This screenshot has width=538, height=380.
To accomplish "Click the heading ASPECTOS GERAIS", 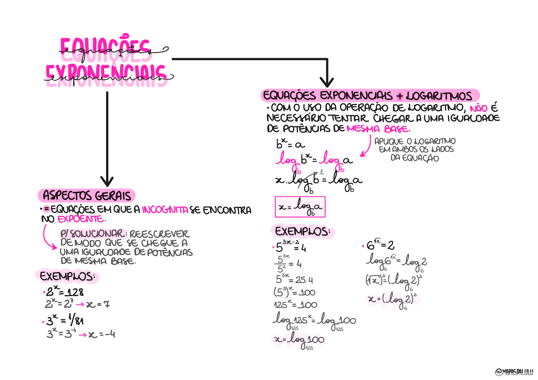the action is coord(87,195).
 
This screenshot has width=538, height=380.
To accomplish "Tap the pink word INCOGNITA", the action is coord(165,210).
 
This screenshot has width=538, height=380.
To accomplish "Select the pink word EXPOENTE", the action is coord(81,219).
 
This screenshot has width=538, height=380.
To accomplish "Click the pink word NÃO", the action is coord(479,108).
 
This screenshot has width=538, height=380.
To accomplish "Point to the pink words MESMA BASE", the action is coord(377,129).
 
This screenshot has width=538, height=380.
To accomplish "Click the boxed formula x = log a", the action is coord(300,207).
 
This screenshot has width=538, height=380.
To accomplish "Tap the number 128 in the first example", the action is coord(75,292).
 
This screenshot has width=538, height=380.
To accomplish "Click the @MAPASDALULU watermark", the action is coord(514,372).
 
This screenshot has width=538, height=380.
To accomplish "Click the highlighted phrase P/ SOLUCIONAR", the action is coord(92,234).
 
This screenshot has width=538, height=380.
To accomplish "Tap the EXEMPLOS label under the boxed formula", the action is coord(302,232).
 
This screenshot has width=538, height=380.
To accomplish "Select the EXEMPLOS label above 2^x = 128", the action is coord(67,276).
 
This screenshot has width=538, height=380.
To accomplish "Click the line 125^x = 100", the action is coord(295,305).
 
